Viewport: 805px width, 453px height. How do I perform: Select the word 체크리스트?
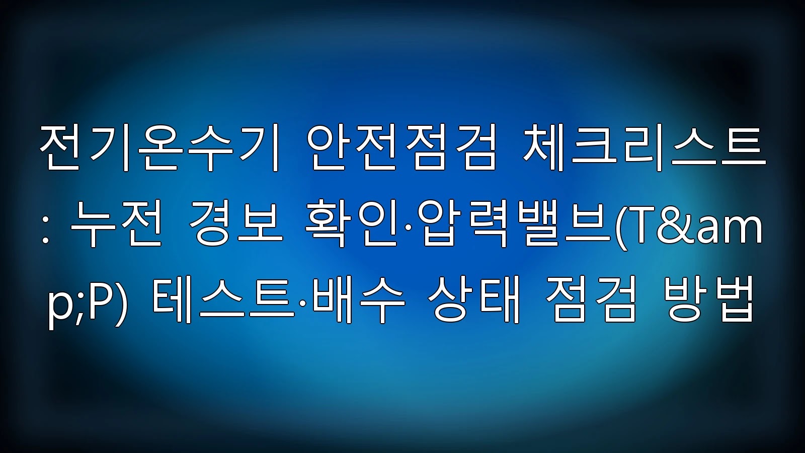point(644,148)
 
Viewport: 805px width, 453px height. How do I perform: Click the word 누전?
point(115,223)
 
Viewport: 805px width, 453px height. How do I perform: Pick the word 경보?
point(235,223)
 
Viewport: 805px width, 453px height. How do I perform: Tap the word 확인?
point(350,223)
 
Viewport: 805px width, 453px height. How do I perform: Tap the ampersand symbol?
point(677,223)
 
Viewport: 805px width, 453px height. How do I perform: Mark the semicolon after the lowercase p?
point(78,307)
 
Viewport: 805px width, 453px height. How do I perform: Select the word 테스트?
point(223,299)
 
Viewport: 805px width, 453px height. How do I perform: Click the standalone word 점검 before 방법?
point(593,299)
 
